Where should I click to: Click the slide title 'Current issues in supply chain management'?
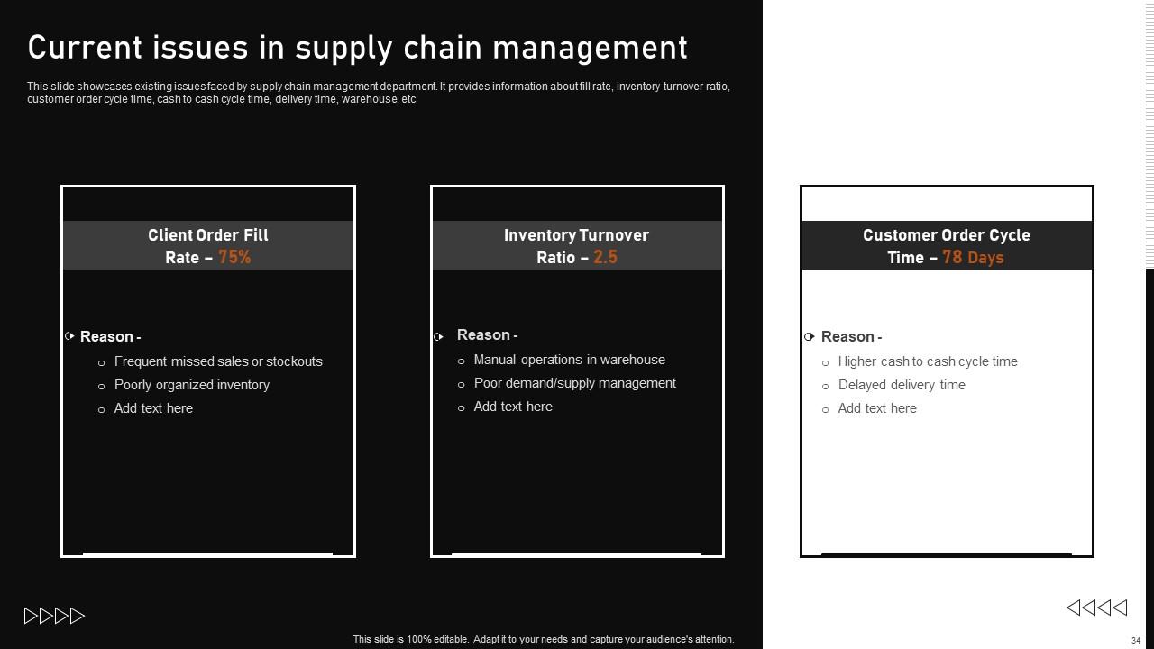coord(357,48)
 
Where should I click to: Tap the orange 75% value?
coord(234,258)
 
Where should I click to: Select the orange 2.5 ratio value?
coord(605,258)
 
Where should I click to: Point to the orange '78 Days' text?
coord(973,258)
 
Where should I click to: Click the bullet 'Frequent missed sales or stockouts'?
coord(218,361)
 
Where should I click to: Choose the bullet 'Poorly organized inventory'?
coord(192,385)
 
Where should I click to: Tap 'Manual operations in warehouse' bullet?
coord(569,360)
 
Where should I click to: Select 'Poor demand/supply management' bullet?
coord(574,383)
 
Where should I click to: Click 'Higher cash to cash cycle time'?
coord(928,361)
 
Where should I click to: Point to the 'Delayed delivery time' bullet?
coord(902,385)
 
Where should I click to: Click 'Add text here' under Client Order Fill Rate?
coord(153,408)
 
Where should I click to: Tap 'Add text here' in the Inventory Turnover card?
coord(513,407)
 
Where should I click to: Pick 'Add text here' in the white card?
coord(877,408)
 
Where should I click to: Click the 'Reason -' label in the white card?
coord(851,337)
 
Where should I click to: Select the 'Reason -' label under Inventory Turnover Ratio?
coord(487,335)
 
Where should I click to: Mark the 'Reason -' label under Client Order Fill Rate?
coord(110,337)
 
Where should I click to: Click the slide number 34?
coord(1135,641)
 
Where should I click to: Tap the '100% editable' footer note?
coord(544,639)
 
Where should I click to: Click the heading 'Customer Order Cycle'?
coord(946,235)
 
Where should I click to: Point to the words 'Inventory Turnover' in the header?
coord(576,235)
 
